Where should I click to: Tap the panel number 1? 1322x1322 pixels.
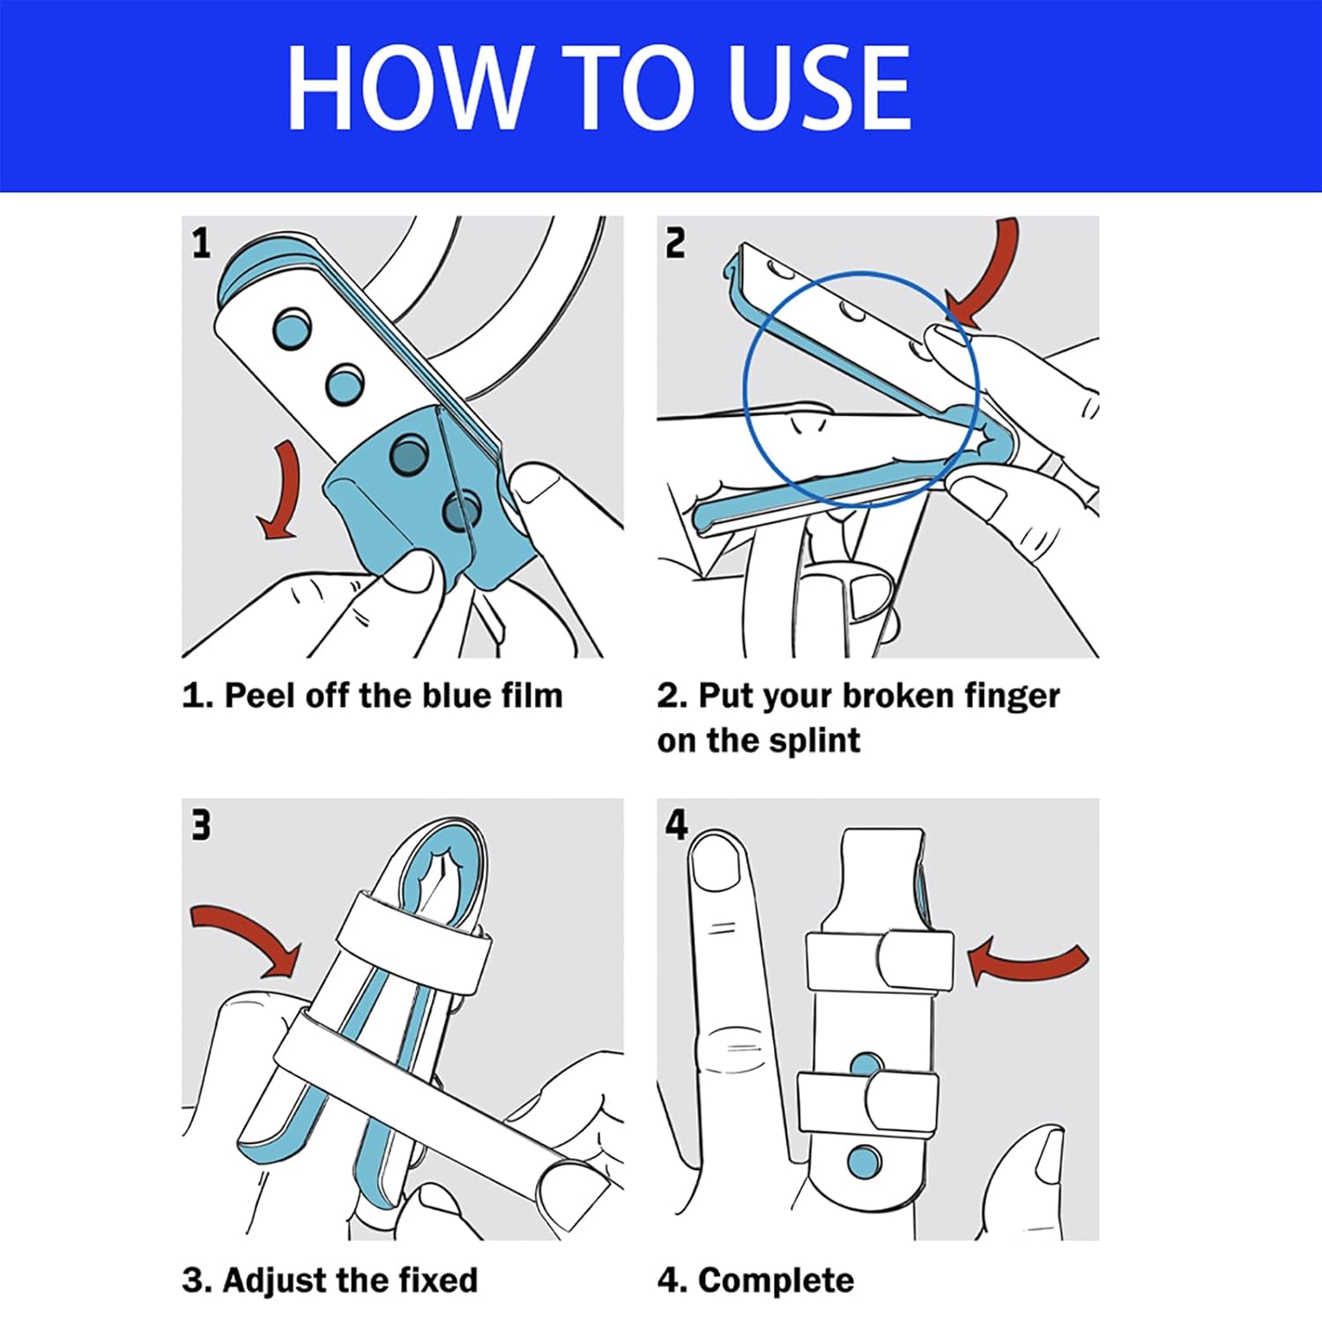(202, 243)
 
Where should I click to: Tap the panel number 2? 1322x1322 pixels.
(675, 243)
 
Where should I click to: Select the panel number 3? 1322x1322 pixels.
(202, 825)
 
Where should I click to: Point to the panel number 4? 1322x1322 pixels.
(676, 825)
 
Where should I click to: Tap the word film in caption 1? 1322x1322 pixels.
(532, 695)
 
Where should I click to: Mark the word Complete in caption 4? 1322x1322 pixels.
(776, 1281)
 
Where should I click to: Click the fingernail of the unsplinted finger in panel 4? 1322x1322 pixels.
(716, 861)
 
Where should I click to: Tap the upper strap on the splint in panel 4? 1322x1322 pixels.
(880, 960)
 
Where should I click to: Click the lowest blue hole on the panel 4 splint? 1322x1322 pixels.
(864, 1162)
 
